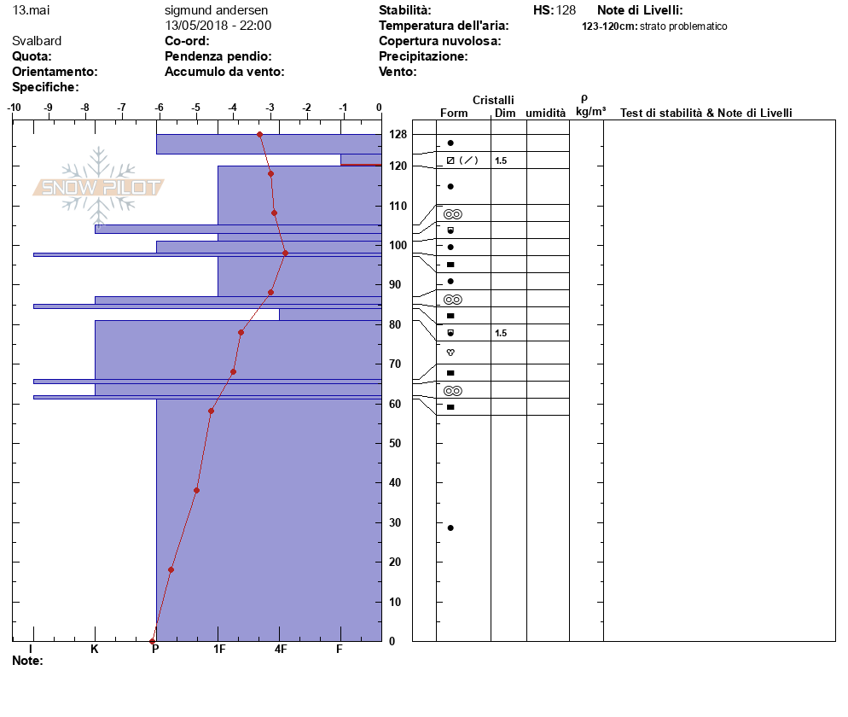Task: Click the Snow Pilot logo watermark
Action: click(99, 187)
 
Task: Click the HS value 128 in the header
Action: click(566, 10)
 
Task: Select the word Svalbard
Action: click(37, 41)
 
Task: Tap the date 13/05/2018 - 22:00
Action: click(218, 26)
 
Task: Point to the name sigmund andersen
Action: click(216, 10)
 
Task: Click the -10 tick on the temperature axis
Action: click(15, 107)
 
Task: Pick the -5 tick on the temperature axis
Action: click(195, 107)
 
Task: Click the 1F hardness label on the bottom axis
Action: click(218, 650)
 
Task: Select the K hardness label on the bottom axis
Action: click(95, 650)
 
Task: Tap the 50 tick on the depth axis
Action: click(395, 443)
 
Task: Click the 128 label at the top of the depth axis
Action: click(397, 135)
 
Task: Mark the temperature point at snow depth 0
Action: click(153, 641)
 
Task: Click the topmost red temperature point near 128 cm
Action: click(259, 134)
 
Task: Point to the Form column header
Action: click(454, 113)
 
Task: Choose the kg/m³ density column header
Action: click(590, 112)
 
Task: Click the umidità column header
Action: click(545, 113)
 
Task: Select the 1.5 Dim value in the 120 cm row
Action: click(501, 160)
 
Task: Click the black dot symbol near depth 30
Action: click(450, 528)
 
